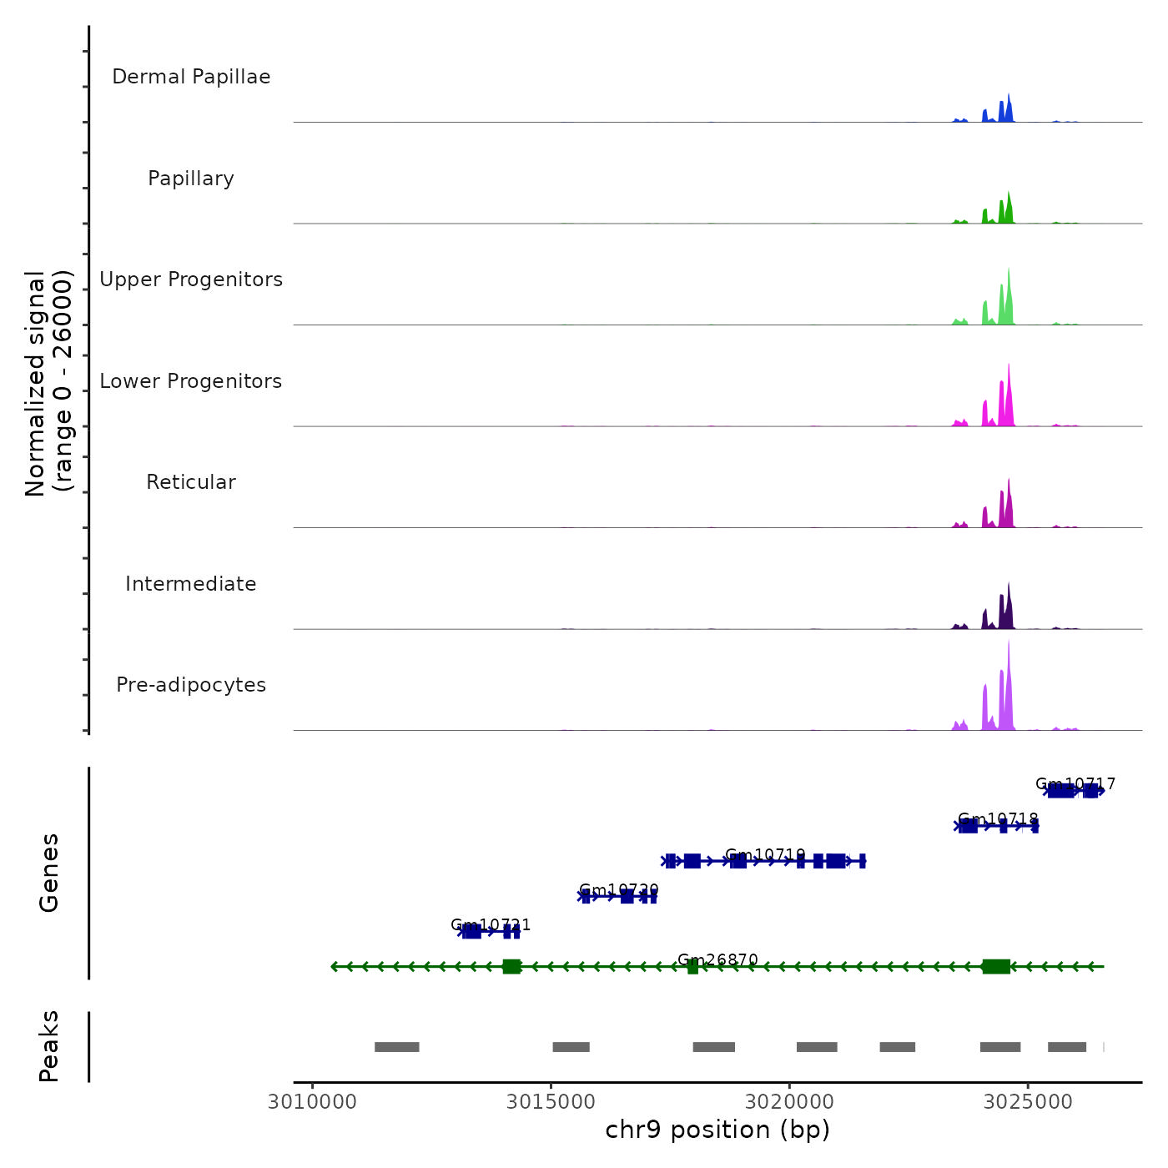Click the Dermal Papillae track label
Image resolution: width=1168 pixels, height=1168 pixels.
click(191, 77)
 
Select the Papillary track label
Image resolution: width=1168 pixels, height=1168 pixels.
click(191, 179)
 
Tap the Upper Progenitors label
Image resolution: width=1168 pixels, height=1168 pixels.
click(191, 279)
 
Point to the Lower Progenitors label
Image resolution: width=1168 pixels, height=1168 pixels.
click(191, 381)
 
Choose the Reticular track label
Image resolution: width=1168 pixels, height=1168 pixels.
click(191, 482)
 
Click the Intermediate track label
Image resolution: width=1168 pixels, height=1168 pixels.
click(191, 584)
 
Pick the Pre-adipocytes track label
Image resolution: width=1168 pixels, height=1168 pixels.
click(191, 685)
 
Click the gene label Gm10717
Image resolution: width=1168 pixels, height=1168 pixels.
click(1075, 784)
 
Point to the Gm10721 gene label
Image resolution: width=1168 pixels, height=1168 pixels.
click(491, 925)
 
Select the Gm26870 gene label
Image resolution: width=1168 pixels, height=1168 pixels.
click(717, 960)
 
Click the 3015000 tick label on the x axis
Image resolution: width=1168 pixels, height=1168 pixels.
click(551, 1102)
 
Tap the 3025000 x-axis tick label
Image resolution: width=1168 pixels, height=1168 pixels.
click(1028, 1102)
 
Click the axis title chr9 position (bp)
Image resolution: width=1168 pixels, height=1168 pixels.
click(717, 1130)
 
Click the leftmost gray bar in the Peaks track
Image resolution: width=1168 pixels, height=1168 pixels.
click(396, 1047)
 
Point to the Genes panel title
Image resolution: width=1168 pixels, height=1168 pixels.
click(48, 873)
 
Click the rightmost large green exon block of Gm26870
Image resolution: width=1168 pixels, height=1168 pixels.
click(996, 967)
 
